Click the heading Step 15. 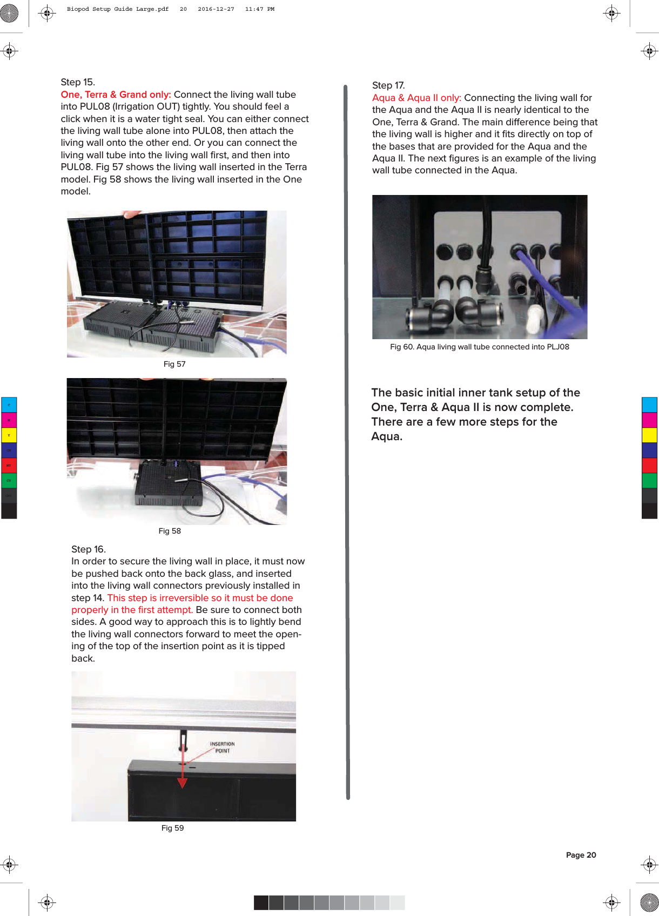coord(78,82)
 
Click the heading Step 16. coord(89,549)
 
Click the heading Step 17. coord(388,85)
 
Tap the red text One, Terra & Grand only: coord(116,95)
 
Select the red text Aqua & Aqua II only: coord(416,98)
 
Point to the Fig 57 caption coord(174,364)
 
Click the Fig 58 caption coord(170,531)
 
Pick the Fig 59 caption coord(172,828)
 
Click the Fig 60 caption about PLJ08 coord(479,347)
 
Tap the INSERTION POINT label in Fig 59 coord(222,747)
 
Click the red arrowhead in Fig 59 coord(183,783)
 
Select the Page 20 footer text coord(581,855)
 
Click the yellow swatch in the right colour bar coord(649,435)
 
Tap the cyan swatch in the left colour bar coord(9,405)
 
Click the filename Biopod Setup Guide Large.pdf coord(117,9)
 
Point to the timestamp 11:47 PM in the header coord(259,9)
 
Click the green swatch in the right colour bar coord(649,480)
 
